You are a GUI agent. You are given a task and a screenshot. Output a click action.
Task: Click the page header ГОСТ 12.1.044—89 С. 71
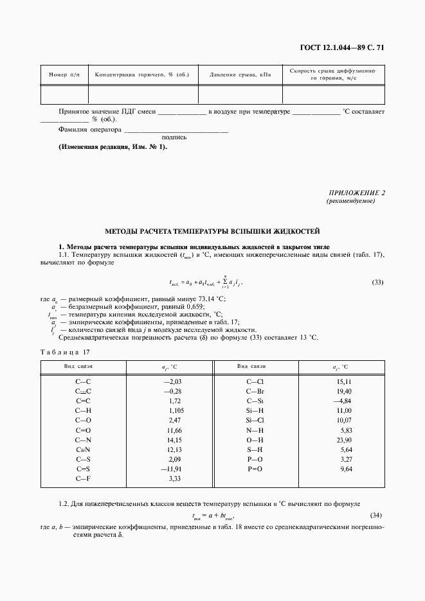(x=347, y=48)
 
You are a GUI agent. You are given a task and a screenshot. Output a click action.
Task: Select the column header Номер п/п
(x=64, y=75)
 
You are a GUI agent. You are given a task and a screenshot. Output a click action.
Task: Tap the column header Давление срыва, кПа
(x=240, y=75)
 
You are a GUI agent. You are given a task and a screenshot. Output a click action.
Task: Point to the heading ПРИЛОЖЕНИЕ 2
(x=356, y=193)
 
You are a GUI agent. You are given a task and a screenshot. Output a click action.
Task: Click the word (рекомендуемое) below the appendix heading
(x=351, y=201)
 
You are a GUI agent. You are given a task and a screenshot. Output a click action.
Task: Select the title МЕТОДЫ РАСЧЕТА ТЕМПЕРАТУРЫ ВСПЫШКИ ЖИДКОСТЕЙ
(x=212, y=231)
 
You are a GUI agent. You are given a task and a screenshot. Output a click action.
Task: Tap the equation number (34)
(x=378, y=516)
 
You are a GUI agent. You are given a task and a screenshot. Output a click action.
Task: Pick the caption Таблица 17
(x=66, y=352)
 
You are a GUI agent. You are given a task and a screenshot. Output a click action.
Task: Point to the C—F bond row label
(x=84, y=478)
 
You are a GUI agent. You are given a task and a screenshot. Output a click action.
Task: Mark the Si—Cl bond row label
(x=255, y=420)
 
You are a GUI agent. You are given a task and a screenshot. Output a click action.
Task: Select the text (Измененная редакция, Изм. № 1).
(x=113, y=147)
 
